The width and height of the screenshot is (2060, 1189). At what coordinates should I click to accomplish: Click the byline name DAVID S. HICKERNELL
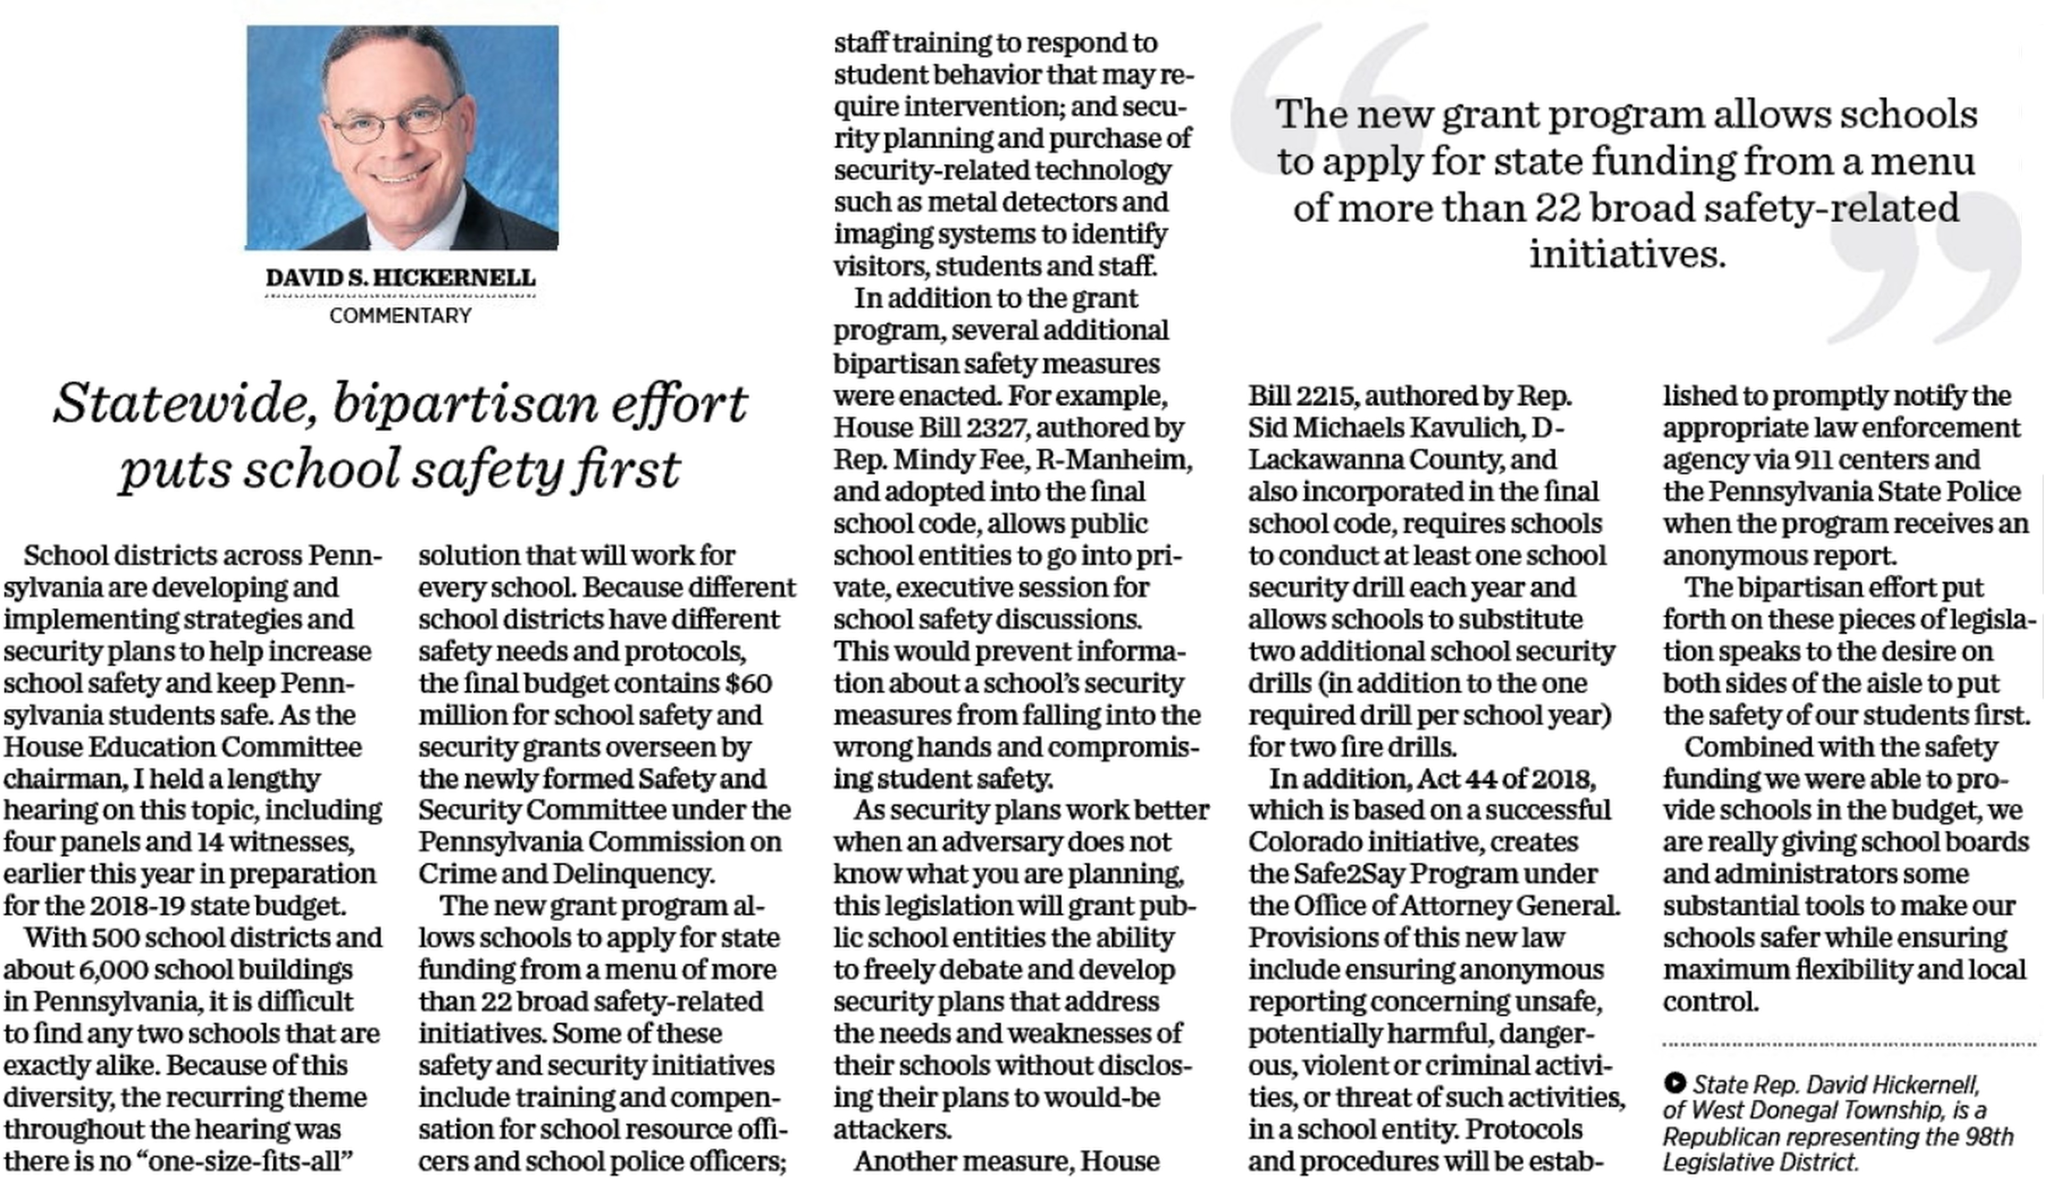click(x=400, y=277)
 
